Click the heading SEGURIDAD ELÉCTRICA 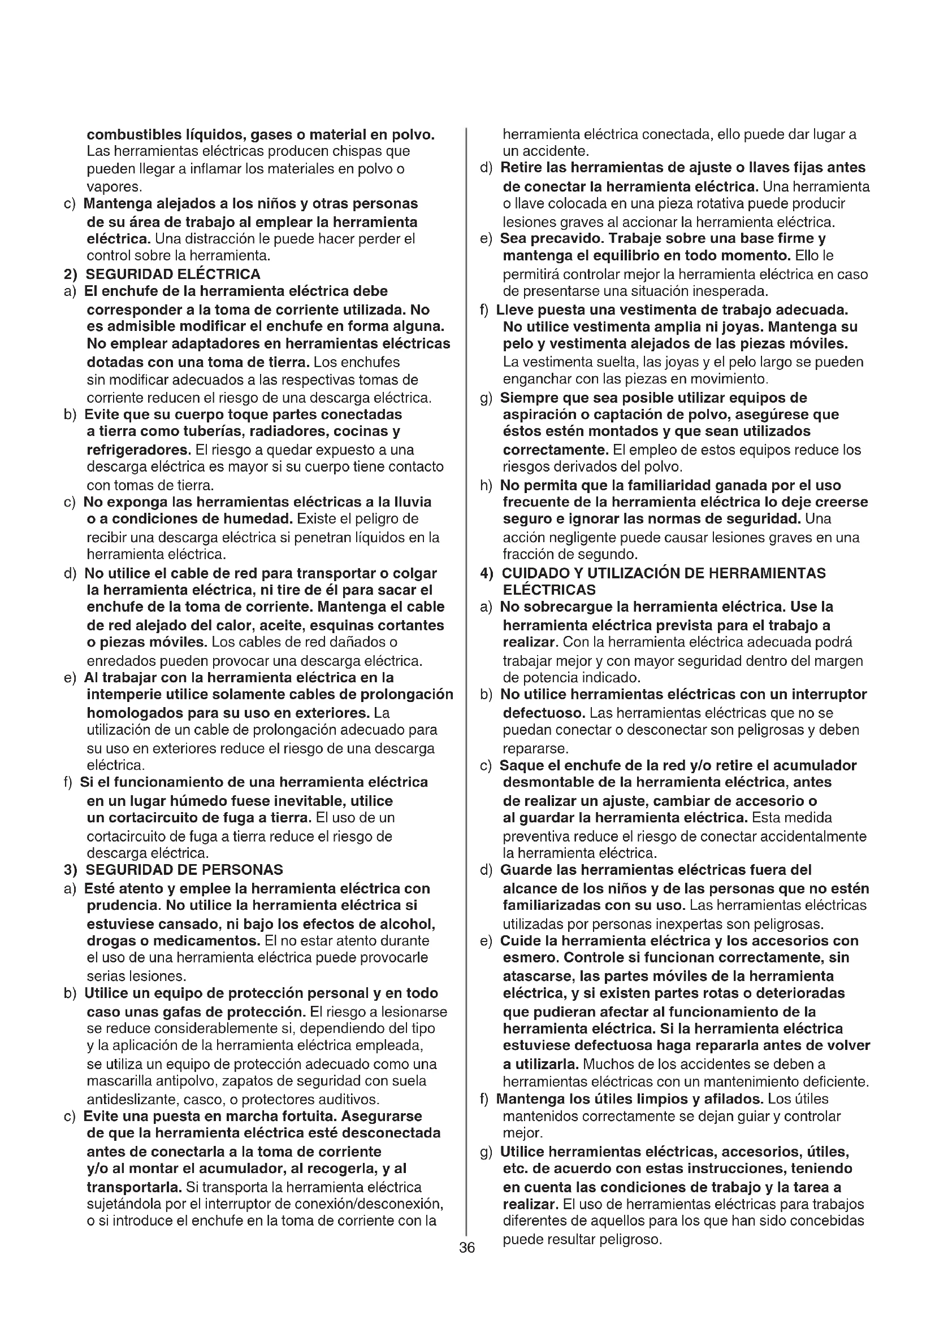(x=173, y=274)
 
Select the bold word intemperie (x=125, y=695)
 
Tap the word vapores (x=114, y=187)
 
